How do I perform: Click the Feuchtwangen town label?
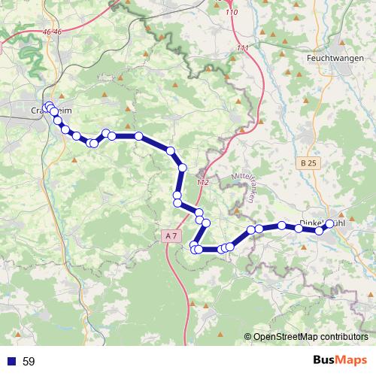coord(336,57)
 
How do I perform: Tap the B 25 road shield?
coord(305,163)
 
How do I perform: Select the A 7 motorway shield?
coord(171,235)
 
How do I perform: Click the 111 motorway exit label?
coord(242,48)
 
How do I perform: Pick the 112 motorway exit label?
coord(203,183)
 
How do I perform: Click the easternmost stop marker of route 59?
coord(329,223)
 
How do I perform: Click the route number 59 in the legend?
coord(29,361)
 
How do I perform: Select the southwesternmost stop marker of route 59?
coord(194,250)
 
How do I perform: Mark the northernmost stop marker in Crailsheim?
coord(49,105)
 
